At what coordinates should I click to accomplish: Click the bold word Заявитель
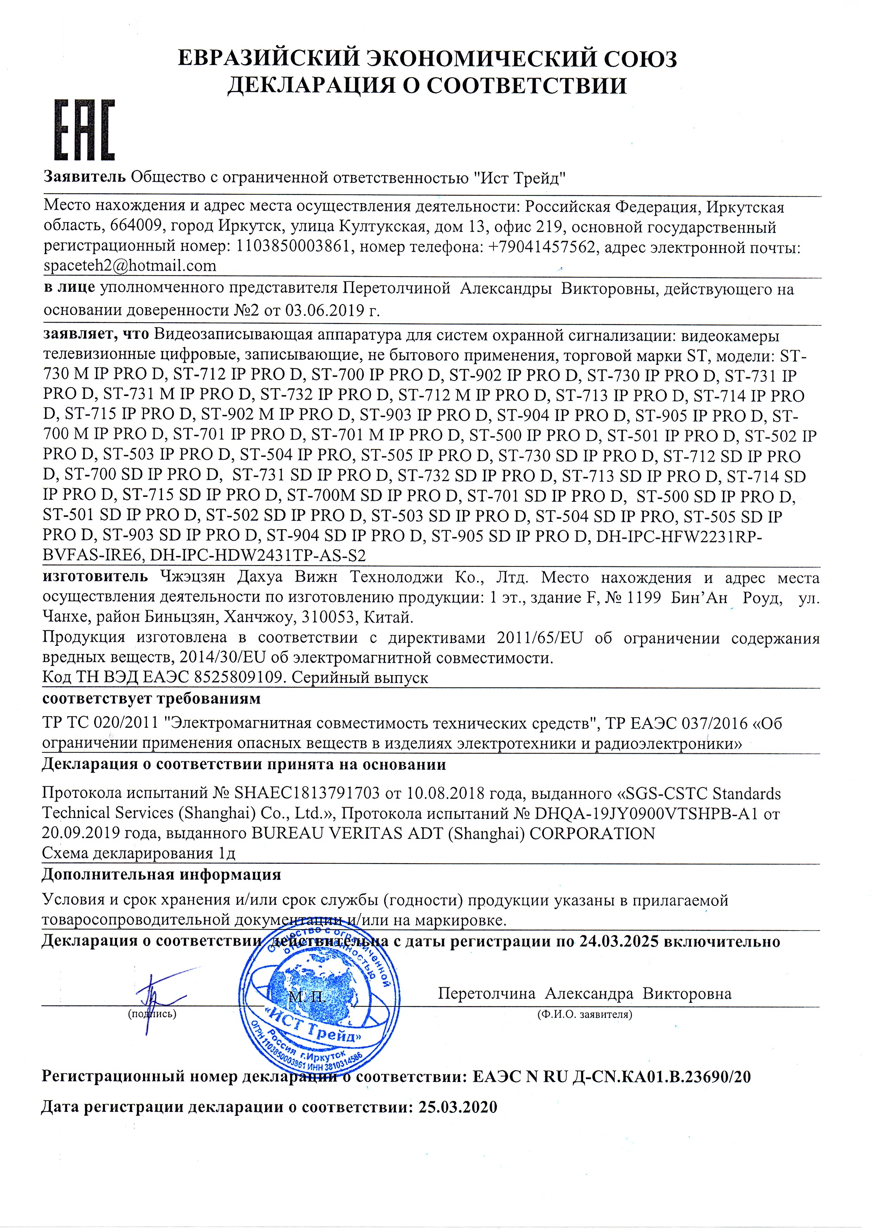click(x=85, y=177)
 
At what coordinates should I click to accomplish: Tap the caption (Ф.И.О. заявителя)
click(x=584, y=1014)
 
